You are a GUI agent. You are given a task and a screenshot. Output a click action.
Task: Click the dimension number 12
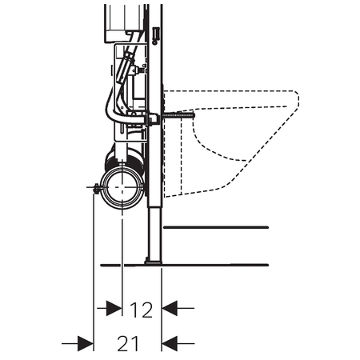pos(141,310)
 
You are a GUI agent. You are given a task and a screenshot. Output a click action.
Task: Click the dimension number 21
pos(128,343)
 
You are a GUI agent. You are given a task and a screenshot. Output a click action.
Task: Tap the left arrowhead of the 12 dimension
pos(114,308)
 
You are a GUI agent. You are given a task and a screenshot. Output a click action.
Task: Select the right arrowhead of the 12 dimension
pos(170,308)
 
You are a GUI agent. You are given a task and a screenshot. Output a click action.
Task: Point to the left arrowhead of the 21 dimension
pos(86,343)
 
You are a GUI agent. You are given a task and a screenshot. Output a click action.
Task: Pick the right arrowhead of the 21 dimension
pos(170,343)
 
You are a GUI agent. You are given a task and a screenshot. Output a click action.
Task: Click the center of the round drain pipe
pos(122,187)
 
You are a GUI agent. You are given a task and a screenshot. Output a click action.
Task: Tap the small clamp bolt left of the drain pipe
pos(96,188)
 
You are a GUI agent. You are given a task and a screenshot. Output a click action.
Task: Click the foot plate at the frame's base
pos(154,262)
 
